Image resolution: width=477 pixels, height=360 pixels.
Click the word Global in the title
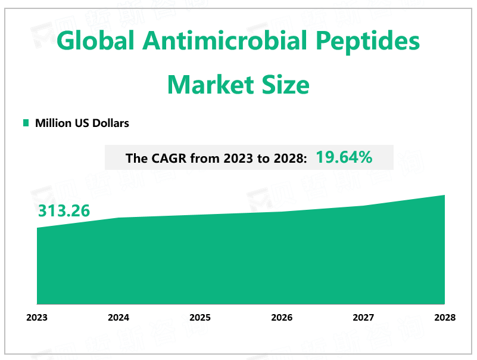(94, 43)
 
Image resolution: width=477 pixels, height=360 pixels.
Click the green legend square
(26, 123)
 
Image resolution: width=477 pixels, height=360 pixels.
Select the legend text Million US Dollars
(82, 123)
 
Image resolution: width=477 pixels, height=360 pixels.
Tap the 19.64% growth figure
(344, 158)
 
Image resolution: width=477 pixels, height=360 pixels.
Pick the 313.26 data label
(64, 212)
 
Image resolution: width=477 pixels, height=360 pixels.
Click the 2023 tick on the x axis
(37, 318)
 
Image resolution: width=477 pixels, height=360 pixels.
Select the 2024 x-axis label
(119, 318)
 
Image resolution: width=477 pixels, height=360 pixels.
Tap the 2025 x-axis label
(200, 318)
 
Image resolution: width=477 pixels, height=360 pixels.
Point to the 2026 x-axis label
(282, 318)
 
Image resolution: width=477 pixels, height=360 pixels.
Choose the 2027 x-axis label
(363, 318)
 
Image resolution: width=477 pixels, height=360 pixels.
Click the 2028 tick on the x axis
(444, 318)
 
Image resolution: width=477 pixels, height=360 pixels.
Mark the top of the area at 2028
(444, 195)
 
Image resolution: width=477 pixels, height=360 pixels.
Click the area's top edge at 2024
(119, 218)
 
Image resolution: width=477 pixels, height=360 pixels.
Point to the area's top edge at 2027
(363, 206)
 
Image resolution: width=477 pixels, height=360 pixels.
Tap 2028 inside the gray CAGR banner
(288, 159)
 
